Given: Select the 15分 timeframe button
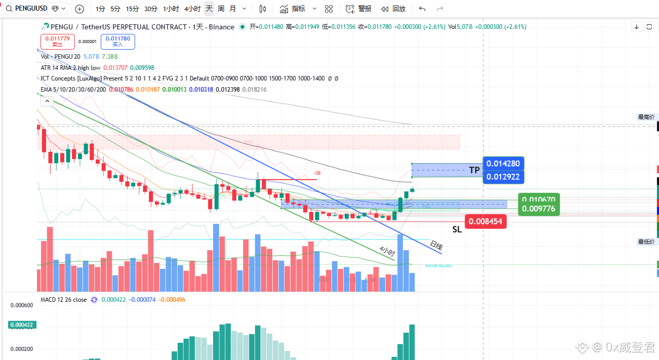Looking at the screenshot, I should pos(132,9).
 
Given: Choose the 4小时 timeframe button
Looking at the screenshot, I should pos(192,9).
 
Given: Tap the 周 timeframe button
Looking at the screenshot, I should pos(221,9).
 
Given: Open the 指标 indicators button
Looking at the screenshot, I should pos(293,9).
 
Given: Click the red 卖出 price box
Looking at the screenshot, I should pos(57,42).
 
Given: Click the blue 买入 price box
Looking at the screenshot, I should pos(117,42).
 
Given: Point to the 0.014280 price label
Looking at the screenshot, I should pos(503,164).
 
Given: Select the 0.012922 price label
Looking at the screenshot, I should pos(503,177).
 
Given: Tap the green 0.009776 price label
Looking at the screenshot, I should pos(539,209).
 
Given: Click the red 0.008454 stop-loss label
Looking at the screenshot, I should pos(485,221).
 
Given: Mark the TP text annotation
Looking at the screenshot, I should pos(474,170).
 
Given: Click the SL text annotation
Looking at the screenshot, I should pos(457,229).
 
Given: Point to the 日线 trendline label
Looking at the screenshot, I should pos(436,247).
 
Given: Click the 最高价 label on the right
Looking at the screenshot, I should pos(646,117).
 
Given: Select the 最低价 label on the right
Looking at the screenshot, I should pos(646,242).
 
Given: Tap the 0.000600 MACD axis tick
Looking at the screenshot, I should pos(22,305).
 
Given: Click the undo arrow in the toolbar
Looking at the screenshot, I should pos(422,9).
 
